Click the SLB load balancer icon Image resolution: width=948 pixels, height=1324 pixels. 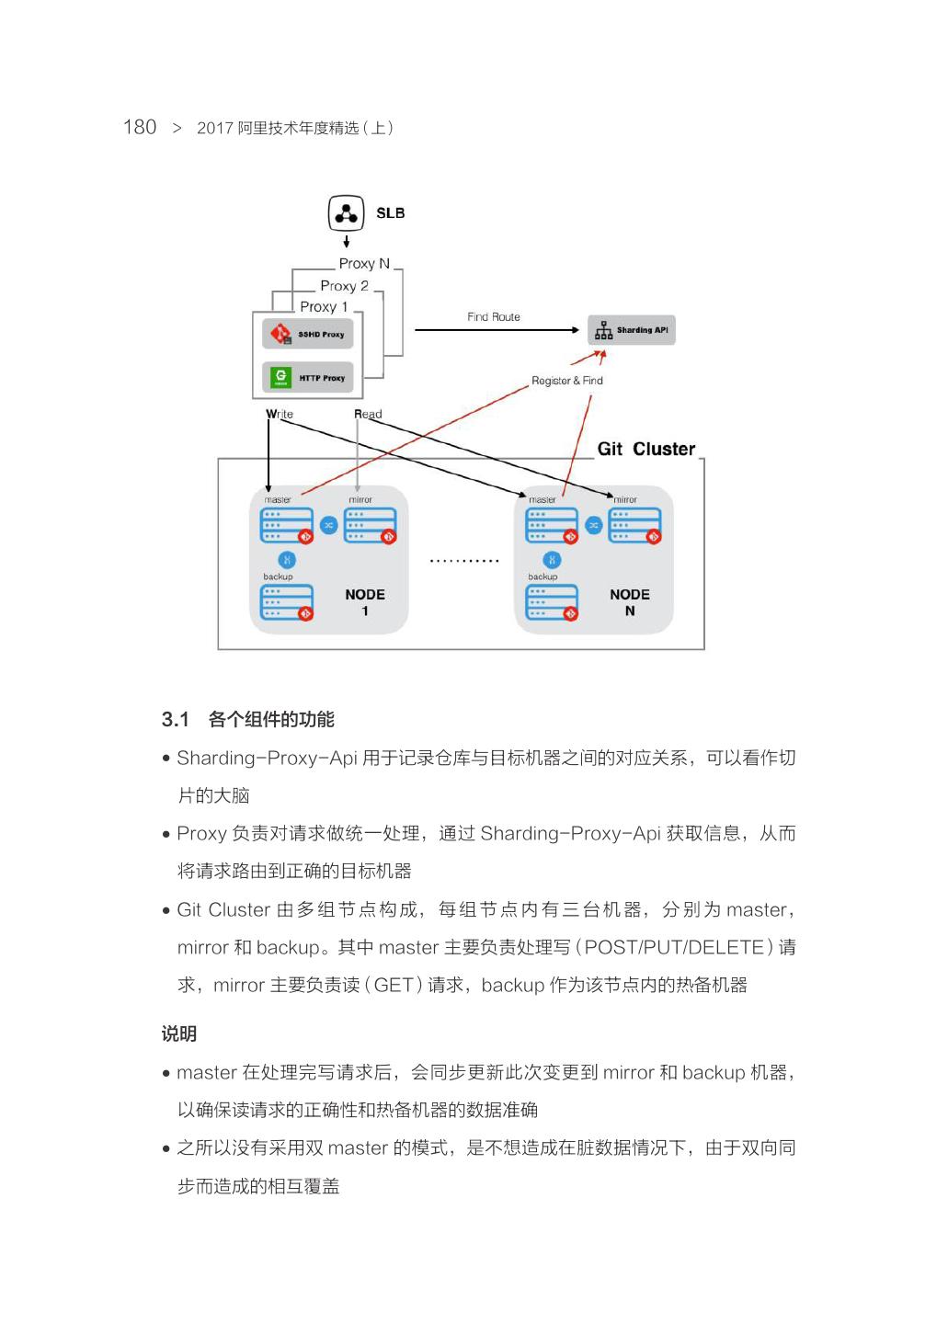click(x=346, y=213)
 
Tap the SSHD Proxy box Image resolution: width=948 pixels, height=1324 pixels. click(x=307, y=334)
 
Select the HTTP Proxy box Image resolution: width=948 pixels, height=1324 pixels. click(x=307, y=377)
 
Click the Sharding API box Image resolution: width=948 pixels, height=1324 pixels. click(x=632, y=330)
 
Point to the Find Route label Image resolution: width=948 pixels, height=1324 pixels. click(x=493, y=317)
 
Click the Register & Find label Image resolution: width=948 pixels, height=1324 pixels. click(x=566, y=381)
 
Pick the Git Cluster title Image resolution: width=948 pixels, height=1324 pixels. click(x=645, y=449)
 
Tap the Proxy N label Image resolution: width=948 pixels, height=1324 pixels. click(x=364, y=264)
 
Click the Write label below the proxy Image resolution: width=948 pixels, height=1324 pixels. click(x=280, y=415)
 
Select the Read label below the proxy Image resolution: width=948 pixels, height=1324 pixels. click(x=368, y=415)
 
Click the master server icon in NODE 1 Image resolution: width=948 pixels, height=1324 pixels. click(x=286, y=525)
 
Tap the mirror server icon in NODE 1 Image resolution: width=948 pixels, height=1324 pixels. click(x=370, y=525)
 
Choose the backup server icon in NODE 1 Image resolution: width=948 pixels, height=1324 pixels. click(x=286, y=602)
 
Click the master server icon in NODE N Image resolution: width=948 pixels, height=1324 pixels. click(x=551, y=525)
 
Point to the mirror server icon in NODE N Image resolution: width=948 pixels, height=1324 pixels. click(x=634, y=525)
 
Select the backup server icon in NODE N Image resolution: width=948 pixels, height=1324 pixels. click(x=551, y=602)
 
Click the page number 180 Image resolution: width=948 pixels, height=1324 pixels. click(x=140, y=127)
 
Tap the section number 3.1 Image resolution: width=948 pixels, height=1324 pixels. click(x=175, y=719)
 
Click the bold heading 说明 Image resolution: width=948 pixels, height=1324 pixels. click(x=179, y=1033)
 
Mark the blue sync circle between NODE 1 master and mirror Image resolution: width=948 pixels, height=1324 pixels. click(x=328, y=525)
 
